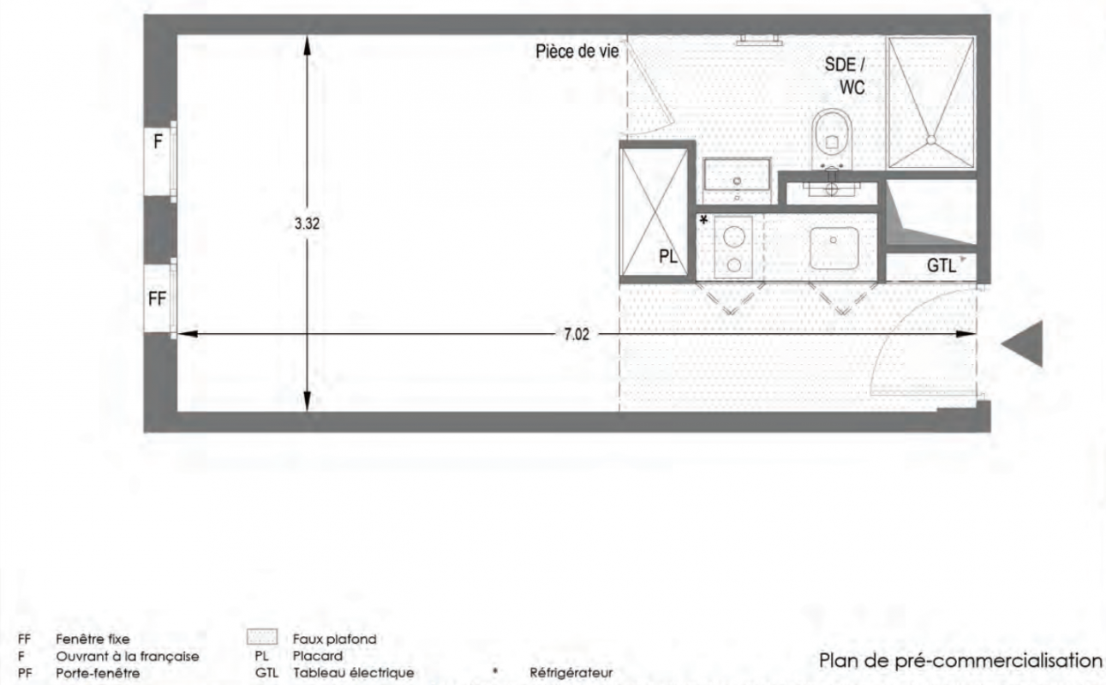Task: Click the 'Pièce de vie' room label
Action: pos(577,51)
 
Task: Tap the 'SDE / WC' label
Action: pos(846,76)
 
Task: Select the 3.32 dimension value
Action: pos(307,223)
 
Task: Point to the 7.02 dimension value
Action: pos(577,334)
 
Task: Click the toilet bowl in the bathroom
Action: pos(832,138)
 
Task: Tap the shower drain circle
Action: pos(930,140)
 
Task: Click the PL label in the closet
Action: pos(667,256)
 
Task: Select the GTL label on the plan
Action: pos(942,265)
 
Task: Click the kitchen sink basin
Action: pos(834,247)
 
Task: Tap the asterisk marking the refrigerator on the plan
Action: pos(703,220)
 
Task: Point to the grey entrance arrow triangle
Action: pos(1022,343)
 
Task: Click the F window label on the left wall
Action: pos(158,141)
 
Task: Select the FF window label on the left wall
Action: pos(158,299)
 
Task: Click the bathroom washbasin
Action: pos(737,174)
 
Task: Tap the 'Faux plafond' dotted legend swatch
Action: pos(262,637)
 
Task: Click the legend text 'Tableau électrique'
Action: pos(354,673)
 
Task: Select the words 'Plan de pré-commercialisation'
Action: pos(960,660)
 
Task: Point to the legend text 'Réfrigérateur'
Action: pos(571,673)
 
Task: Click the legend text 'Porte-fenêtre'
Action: pos(98,673)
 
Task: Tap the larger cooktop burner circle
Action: pos(734,237)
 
